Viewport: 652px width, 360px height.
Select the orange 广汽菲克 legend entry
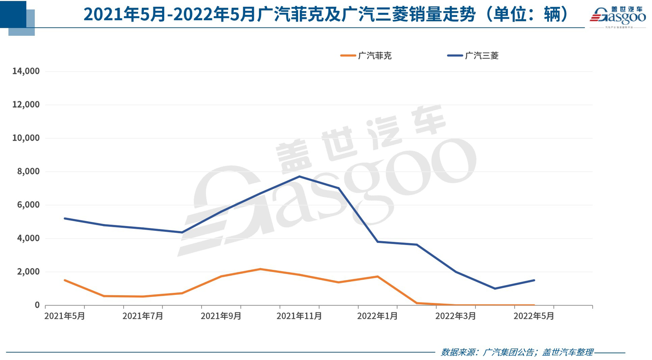[x=366, y=56]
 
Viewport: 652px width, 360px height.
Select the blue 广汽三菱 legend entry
[x=473, y=56]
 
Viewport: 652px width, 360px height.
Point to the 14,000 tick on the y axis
[x=26, y=71]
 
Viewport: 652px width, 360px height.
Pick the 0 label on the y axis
[x=37, y=305]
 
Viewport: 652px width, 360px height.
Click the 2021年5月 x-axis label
[x=64, y=316]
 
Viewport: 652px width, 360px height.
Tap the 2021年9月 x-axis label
[x=221, y=316]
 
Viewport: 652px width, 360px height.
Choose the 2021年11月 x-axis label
[x=299, y=316]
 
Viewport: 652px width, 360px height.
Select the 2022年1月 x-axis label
[x=377, y=316]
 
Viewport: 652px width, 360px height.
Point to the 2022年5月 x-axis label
[x=534, y=316]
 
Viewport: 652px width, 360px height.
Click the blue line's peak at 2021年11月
[x=299, y=176]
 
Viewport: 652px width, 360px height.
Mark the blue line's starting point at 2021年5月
[x=65, y=218]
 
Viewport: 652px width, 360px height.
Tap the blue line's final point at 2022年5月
[x=534, y=280]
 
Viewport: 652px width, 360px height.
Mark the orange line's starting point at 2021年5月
[x=65, y=280]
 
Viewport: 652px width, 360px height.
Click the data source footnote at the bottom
[x=517, y=352]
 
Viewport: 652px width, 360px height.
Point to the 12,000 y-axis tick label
[x=26, y=105]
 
